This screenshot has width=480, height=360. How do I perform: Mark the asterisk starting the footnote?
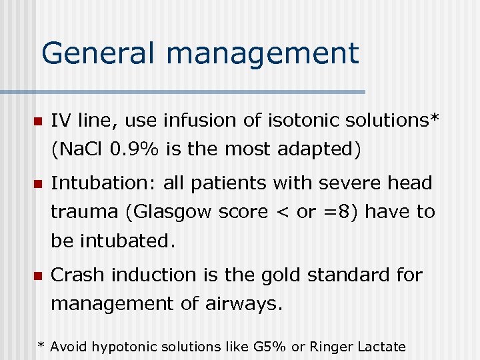coord(41,345)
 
